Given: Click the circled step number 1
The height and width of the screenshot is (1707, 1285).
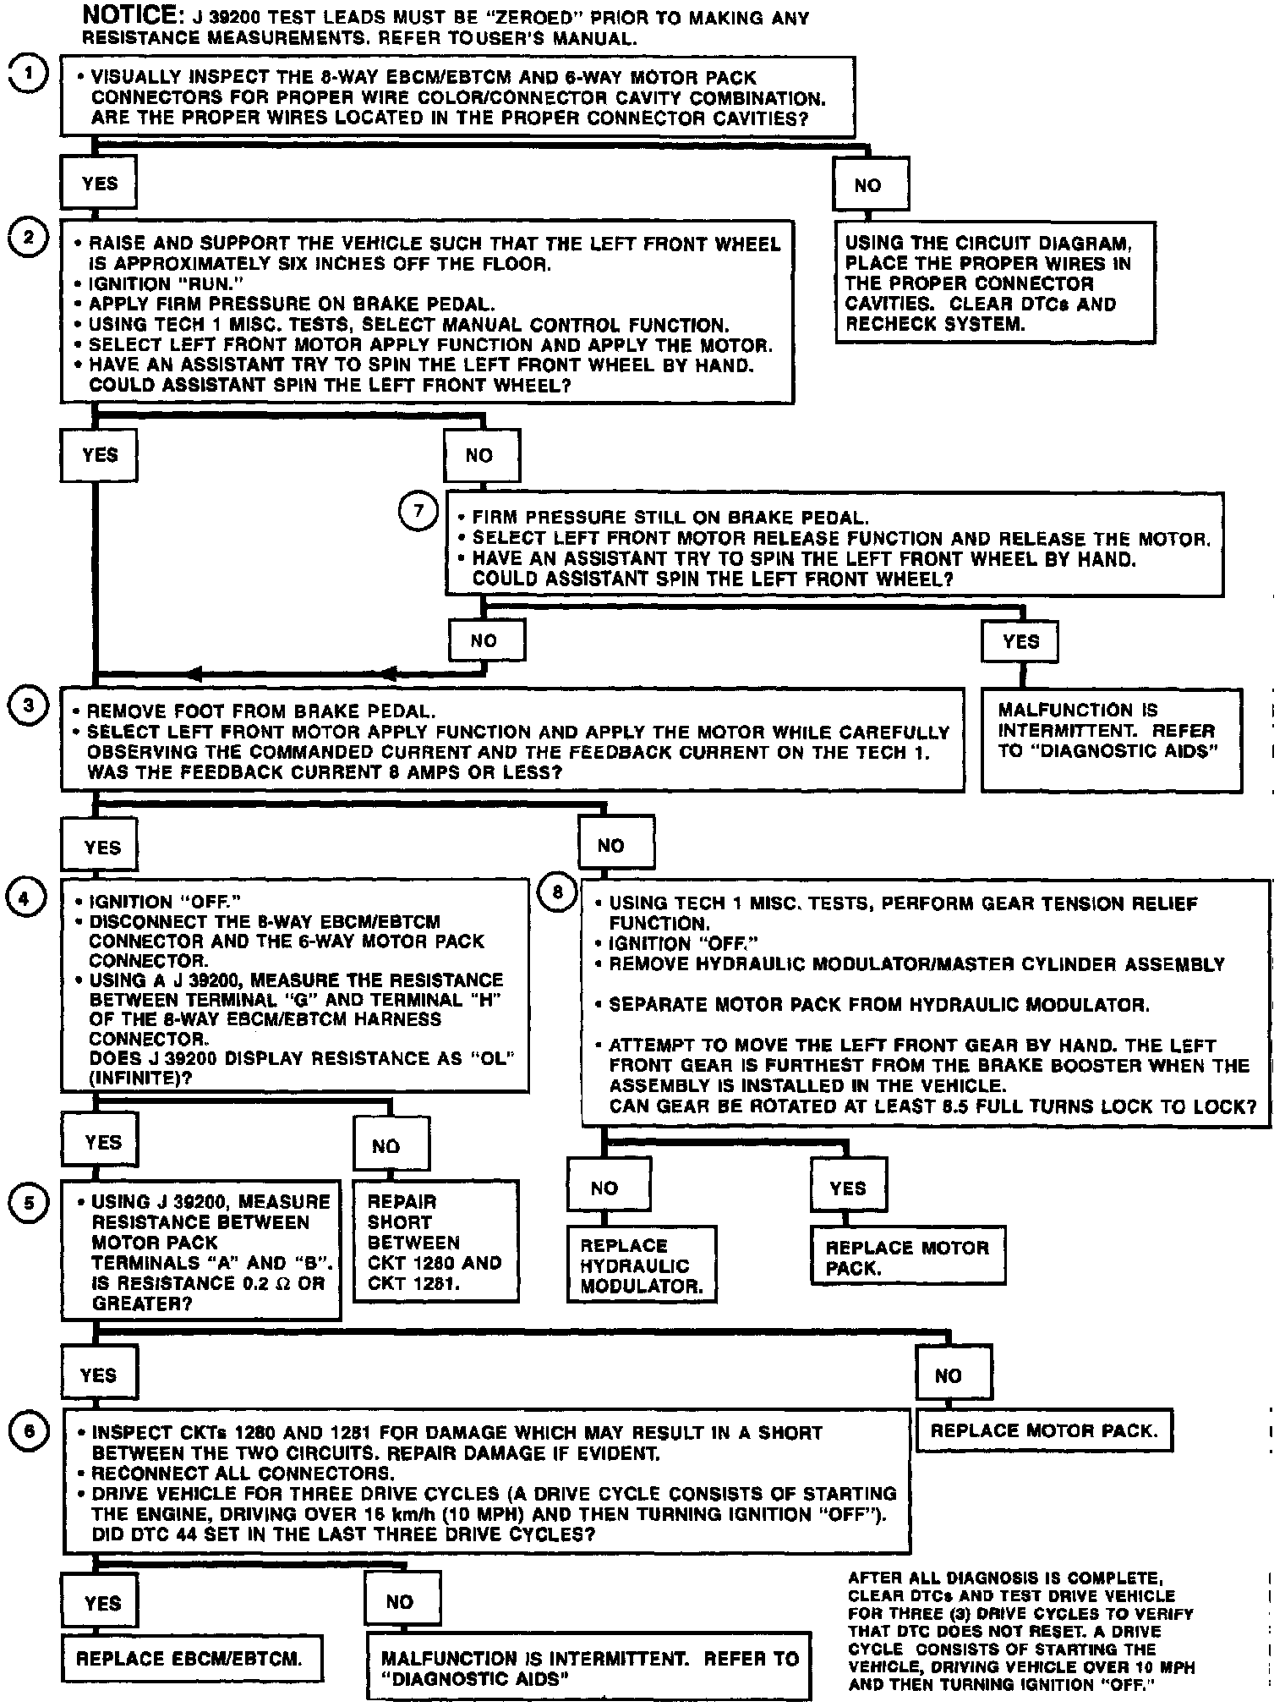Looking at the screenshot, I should coord(28,74).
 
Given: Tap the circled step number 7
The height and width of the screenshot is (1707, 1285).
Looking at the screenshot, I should coord(418,512).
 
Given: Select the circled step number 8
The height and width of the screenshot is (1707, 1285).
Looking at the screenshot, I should coord(557,893).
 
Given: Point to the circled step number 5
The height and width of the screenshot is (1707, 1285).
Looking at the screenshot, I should coord(29,1202).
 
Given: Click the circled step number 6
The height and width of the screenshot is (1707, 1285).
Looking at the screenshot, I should coord(29,1431).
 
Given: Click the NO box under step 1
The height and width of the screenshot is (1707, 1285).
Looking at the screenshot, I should coord(871,184).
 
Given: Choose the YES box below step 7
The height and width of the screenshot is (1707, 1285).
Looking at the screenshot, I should coord(1020,640).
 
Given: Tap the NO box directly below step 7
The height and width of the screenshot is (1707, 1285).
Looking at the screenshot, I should coord(485,640).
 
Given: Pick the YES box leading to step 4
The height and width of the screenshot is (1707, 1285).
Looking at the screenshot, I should coord(101,846).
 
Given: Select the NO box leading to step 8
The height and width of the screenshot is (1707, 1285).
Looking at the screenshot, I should coord(615,844).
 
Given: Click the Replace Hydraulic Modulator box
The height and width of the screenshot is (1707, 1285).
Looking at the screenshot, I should coord(641,1265).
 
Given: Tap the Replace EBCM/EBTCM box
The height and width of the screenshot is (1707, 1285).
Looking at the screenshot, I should coord(192,1658).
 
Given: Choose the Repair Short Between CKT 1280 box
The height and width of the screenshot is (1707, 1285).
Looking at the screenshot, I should coord(435,1242).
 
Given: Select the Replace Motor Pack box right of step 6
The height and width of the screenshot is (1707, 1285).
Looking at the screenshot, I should coord(1044,1430).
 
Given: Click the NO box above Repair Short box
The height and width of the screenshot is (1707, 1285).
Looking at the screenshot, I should coord(390,1145).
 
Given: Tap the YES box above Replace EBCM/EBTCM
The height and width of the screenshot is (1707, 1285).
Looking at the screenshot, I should coord(101,1601).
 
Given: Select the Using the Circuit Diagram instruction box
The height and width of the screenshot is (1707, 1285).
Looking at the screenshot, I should coord(994,283).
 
